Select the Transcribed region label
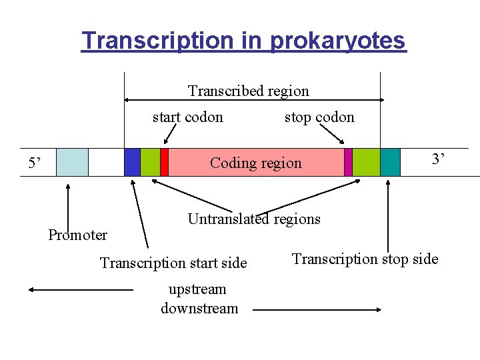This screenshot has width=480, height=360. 248,91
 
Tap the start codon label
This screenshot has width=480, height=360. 187,117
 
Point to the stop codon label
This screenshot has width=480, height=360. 319,117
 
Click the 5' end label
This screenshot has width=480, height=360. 35,163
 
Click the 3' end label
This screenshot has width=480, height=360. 438,159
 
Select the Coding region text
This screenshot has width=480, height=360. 255,163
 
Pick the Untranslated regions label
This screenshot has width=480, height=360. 254,219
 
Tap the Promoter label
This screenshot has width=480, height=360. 77,235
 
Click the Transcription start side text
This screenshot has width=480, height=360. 173,263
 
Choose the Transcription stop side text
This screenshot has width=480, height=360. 365,259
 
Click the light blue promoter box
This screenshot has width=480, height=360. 72,162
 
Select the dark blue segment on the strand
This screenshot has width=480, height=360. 132,162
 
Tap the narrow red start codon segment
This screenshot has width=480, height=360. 164,162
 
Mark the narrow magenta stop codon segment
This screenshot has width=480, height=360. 348,162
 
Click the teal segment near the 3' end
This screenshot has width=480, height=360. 390,162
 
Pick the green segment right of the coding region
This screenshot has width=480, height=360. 365,162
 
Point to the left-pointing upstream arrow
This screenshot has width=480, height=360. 80,290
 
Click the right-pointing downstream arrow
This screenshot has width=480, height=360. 317,310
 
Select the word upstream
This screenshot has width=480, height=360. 197,289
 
